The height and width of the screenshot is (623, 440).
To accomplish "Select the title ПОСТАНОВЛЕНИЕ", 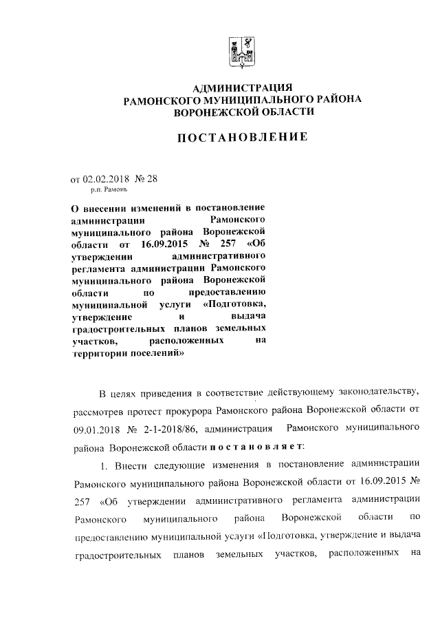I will tap(243, 137).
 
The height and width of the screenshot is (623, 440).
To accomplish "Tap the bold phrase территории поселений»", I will tap(128, 352).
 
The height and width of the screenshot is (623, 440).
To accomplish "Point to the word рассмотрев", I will tap(99, 412).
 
